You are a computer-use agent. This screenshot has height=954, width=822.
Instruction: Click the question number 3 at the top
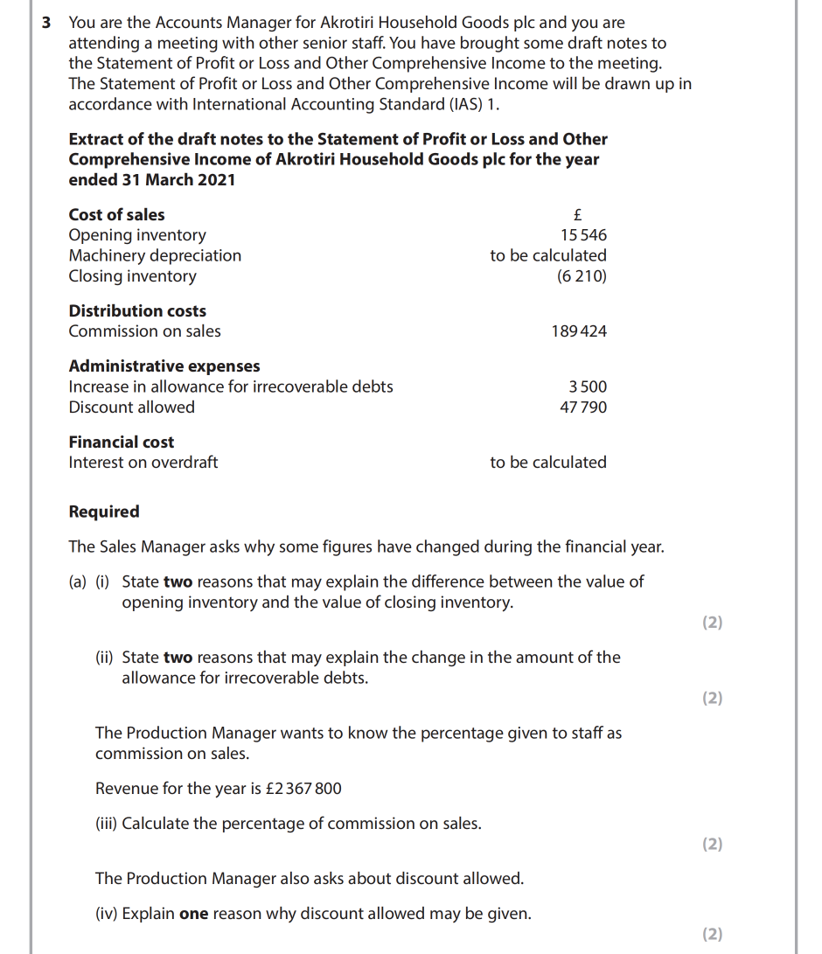pyautogui.click(x=47, y=23)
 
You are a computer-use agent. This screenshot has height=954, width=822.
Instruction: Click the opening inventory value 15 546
pyautogui.click(x=583, y=235)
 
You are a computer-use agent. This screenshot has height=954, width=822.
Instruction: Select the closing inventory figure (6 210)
pyautogui.click(x=582, y=276)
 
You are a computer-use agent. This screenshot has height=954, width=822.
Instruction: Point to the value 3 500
pyautogui.click(x=588, y=386)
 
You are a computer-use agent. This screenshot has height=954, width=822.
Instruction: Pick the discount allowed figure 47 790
pyautogui.click(x=583, y=407)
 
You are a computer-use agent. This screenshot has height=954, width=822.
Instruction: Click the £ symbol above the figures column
pyautogui.click(x=577, y=215)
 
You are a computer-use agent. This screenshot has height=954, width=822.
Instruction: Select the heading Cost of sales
pyautogui.click(x=116, y=215)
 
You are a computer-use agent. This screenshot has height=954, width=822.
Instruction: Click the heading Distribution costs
pyautogui.click(x=137, y=311)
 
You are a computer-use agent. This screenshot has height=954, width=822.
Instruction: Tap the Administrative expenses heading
pyautogui.click(x=164, y=366)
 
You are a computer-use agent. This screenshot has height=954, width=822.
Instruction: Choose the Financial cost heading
pyautogui.click(x=122, y=442)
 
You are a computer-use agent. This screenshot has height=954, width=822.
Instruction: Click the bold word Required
pyautogui.click(x=104, y=512)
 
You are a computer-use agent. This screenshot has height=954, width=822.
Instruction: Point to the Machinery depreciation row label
pyautogui.click(x=155, y=256)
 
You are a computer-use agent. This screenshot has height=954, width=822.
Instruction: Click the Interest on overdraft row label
pyautogui.click(x=143, y=463)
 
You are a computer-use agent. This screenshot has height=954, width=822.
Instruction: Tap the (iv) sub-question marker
pyautogui.click(x=106, y=915)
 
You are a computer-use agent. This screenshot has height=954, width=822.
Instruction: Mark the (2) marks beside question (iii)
pyautogui.click(x=713, y=844)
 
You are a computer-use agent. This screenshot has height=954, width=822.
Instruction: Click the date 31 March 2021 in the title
pyautogui.click(x=185, y=180)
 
